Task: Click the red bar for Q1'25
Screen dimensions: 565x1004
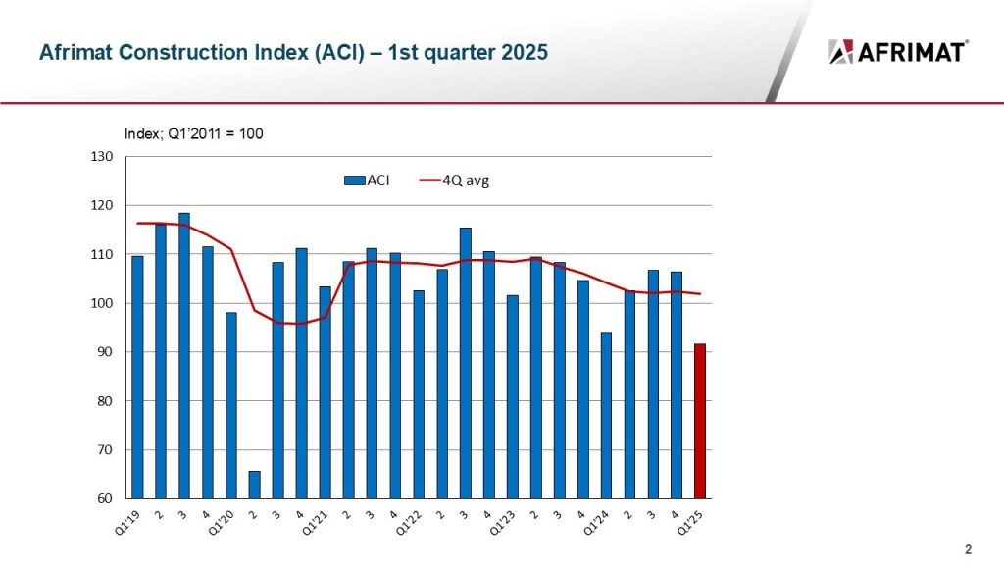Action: click(x=699, y=422)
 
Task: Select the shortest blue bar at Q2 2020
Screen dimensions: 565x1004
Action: click(x=254, y=485)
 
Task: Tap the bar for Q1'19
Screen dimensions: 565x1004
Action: click(x=137, y=378)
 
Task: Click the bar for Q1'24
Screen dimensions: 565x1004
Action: click(x=606, y=416)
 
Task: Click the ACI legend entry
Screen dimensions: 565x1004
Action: click(x=367, y=180)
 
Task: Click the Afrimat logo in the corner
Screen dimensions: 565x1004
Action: click(x=898, y=52)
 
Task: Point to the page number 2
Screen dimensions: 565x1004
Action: click(x=968, y=548)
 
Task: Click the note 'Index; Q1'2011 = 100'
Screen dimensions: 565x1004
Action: click(x=193, y=133)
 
